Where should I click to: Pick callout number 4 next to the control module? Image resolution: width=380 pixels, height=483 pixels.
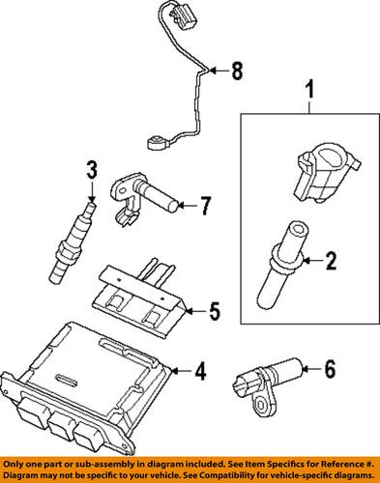tap(199, 370)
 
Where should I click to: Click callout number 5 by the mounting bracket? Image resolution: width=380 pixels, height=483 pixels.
tap(214, 311)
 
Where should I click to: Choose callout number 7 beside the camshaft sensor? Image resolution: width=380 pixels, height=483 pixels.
tap(203, 204)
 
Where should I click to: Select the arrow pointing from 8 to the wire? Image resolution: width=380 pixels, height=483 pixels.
tap(219, 70)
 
